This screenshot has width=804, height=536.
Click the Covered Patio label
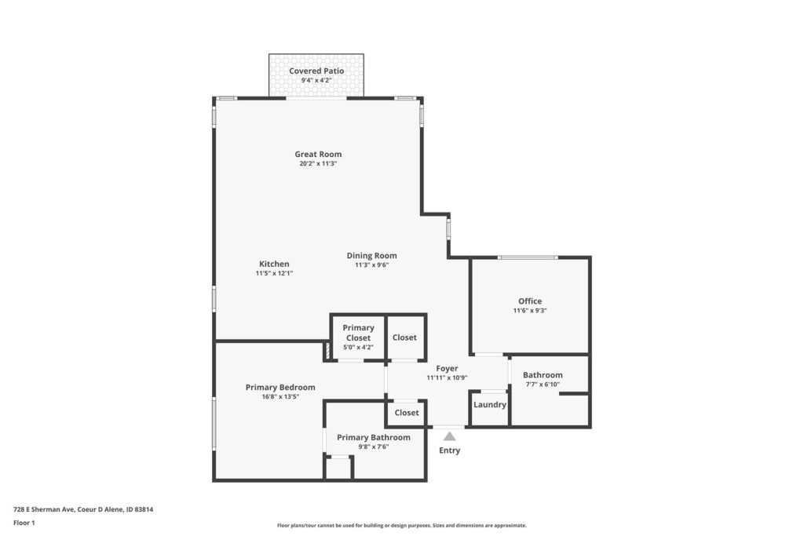pyautogui.click(x=316, y=71)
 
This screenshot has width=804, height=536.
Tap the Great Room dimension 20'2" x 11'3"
pyautogui.click(x=318, y=164)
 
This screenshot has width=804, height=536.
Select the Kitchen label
pyautogui.click(x=274, y=264)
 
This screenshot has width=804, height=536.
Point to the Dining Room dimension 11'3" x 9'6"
pyautogui.click(x=371, y=265)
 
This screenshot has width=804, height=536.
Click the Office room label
pyautogui.click(x=530, y=301)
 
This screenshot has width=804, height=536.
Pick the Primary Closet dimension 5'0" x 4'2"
pyautogui.click(x=358, y=348)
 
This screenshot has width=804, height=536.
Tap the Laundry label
pyautogui.click(x=490, y=405)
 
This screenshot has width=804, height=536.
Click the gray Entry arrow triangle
pyautogui.click(x=449, y=436)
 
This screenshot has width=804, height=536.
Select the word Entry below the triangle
pyautogui.click(x=449, y=450)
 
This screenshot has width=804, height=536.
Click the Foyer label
pyautogui.click(x=447, y=368)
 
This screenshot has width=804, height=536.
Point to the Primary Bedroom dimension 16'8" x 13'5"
pyautogui.click(x=280, y=396)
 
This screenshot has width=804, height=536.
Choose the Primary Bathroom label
pyautogui.click(x=373, y=438)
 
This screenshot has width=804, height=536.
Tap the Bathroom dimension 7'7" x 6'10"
pyautogui.click(x=543, y=385)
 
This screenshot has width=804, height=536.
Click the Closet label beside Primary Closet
pyautogui.click(x=404, y=337)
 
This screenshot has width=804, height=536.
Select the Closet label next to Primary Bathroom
pyautogui.click(x=407, y=413)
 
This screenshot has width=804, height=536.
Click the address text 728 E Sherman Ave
pyautogui.click(x=44, y=510)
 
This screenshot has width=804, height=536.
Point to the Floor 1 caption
pyautogui.click(x=24, y=523)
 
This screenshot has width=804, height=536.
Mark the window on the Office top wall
pyautogui.click(x=527, y=257)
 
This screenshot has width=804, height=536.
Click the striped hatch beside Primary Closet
pyautogui.click(x=326, y=352)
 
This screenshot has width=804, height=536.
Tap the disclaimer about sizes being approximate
pyautogui.click(x=401, y=525)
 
